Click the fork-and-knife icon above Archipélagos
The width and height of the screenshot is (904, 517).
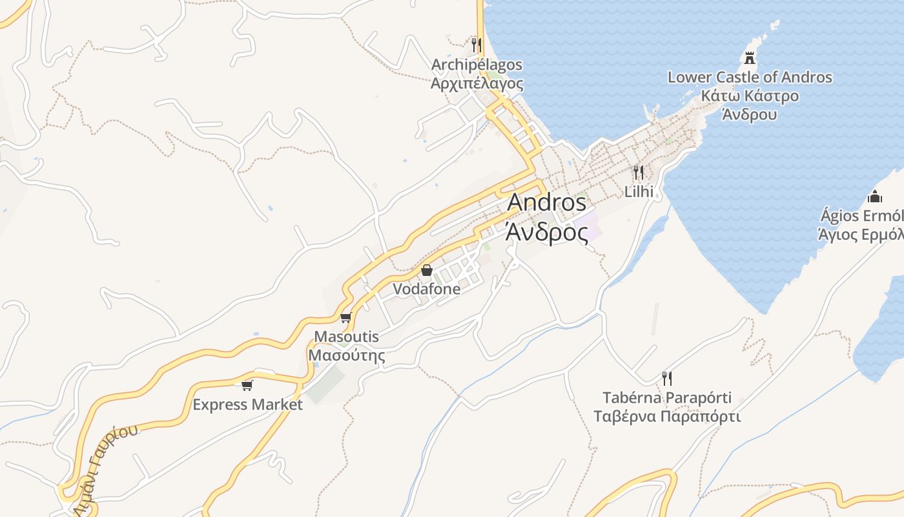(477, 45)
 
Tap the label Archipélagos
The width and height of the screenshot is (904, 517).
(477, 65)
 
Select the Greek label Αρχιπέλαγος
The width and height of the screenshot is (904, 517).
(477, 83)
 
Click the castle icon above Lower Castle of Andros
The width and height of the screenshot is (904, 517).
(749, 58)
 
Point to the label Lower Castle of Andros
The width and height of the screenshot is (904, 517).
(750, 78)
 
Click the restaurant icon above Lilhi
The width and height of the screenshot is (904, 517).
(639, 172)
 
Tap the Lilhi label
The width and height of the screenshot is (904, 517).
(639, 191)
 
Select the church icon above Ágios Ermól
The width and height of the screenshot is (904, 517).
(875, 196)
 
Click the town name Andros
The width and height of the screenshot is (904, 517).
(546, 202)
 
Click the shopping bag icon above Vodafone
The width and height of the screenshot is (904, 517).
(427, 270)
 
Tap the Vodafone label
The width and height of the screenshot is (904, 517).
(427, 289)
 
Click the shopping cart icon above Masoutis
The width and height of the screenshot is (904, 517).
(345, 317)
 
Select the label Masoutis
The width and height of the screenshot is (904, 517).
(346, 337)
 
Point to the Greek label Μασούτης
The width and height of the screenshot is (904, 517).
(346, 355)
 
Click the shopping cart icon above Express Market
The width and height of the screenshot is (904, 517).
(247, 385)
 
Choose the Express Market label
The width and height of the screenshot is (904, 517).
(247, 405)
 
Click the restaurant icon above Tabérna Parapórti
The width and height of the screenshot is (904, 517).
(667, 377)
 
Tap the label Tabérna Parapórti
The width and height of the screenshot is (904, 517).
(667, 397)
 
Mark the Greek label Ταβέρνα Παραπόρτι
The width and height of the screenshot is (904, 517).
(667, 416)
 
